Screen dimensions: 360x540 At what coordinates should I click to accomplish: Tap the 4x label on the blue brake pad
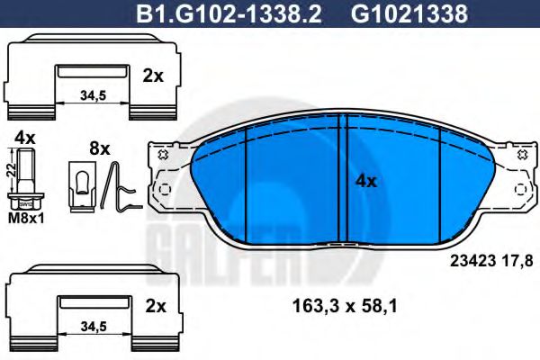[x=365, y=180]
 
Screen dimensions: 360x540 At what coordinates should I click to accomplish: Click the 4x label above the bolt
[x=24, y=138]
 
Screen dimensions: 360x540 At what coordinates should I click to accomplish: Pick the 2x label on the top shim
[x=154, y=76]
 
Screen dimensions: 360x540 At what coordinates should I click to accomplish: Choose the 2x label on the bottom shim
[x=154, y=305]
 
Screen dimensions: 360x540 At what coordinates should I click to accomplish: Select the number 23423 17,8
[x=490, y=261]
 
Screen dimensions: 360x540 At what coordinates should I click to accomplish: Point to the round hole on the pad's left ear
[x=165, y=191]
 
